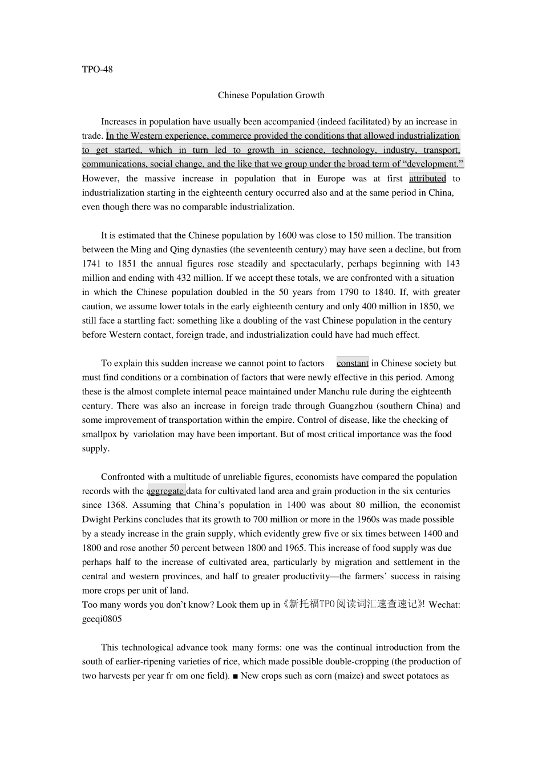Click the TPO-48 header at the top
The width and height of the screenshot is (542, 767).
(97, 70)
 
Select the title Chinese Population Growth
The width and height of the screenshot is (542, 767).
(271, 95)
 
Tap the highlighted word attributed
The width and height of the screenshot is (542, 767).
(427, 179)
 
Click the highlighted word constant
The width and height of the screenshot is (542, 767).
(352, 363)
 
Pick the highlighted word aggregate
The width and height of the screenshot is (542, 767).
(165, 491)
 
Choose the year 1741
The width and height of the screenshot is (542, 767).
(92, 264)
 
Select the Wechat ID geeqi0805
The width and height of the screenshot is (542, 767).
(102, 619)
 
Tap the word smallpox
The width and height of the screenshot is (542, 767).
(99, 434)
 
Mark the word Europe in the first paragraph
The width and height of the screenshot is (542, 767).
(331, 179)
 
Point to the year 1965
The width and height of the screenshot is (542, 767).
(295, 548)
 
